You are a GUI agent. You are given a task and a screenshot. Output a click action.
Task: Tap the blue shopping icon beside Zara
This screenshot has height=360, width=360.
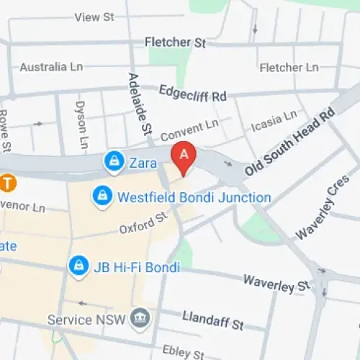pyautogui.click(x=113, y=163)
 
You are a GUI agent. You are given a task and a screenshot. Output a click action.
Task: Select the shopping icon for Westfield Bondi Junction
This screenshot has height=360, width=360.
pyautogui.click(x=102, y=196)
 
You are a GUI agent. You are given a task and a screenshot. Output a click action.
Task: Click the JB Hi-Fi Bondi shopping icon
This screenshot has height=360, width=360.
pyautogui.click(x=77, y=266)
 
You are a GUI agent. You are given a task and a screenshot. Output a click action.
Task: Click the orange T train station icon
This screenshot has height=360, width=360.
pyautogui.click(x=7, y=183)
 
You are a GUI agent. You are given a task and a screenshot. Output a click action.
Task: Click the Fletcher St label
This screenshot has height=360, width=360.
pyautogui.click(x=175, y=42)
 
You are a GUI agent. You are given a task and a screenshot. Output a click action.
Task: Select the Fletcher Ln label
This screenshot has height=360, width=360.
pyautogui.click(x=288, y=68)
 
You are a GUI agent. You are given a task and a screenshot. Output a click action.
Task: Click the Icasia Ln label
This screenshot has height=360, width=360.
pyautogui.click(x=273, y=122)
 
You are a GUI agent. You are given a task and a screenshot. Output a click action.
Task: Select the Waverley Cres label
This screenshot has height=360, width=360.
pyautogui.click(x=316, y=210)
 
